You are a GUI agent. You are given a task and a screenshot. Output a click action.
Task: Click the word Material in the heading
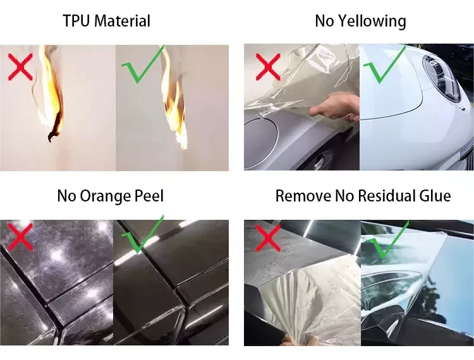(123, 21)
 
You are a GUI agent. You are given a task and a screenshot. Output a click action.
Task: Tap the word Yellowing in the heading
(372, 21)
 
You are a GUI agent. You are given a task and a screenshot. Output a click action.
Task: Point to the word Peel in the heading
(149, 196)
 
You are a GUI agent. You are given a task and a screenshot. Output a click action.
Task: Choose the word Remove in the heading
(303, 196)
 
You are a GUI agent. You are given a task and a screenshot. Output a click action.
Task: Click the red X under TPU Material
(20, 67)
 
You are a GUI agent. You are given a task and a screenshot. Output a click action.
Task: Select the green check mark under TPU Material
(142, 64)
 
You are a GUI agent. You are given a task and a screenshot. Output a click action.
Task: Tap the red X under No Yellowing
(268, 67)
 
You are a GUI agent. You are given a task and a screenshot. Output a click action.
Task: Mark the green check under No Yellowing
(384, 64)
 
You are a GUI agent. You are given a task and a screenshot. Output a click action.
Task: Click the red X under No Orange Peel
(20, 237)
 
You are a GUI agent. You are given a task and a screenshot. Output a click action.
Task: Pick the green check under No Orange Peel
(142, 234)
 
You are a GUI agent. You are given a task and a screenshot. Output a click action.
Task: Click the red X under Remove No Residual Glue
(268, 238)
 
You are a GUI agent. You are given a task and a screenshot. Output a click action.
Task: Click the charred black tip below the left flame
(54, 135)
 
